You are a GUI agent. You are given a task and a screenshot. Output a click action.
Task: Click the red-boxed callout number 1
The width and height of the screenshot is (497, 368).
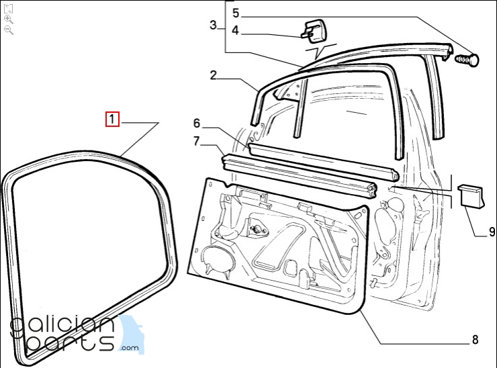point(112,119)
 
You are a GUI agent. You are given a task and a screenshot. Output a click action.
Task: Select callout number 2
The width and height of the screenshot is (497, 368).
point(214,75)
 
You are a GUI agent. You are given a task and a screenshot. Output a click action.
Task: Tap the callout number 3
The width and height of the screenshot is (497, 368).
point(214,25)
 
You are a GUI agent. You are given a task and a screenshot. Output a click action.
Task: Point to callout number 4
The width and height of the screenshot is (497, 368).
point(235,30)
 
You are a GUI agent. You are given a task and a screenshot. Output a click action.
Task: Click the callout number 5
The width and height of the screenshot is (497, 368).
point(236,13)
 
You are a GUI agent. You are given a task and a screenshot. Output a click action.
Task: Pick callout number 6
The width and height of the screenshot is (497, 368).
point(197,123)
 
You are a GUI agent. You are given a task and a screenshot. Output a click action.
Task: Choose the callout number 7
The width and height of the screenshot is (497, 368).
point(197,141)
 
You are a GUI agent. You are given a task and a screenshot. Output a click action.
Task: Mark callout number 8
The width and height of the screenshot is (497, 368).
point(475,340)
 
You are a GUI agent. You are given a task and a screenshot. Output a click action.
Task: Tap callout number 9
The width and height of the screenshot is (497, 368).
point(492,232)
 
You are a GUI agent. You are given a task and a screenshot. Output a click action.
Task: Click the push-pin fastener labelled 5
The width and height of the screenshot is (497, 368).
point(467,59)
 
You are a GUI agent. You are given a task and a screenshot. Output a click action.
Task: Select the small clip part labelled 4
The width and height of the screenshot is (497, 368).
point(313,31)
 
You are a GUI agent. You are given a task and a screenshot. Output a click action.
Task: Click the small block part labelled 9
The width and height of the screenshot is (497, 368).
point(471,197)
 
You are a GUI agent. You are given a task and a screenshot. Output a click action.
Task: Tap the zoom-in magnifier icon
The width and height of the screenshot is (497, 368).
point(9,19)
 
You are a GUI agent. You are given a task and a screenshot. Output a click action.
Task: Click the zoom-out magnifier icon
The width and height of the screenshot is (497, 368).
point(9,30)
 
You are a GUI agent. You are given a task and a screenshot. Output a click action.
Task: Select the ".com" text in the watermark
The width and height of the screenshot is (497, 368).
point(130,348)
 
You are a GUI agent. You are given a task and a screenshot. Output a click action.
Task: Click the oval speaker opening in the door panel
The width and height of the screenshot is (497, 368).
point(218,259)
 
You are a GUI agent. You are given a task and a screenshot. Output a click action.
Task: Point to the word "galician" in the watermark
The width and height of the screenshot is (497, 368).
point(62,326)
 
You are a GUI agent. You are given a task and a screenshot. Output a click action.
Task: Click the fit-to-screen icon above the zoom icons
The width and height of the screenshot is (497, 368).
point(9,9)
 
